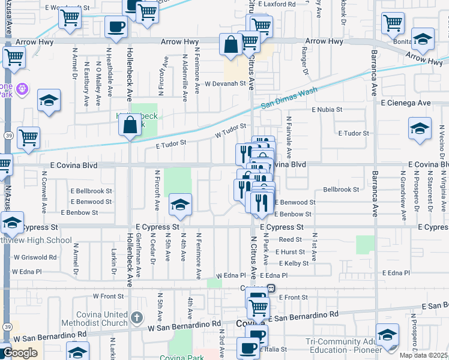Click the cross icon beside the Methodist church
click(137, 316)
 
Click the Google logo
click(20, 353)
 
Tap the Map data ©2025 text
click(424, 355)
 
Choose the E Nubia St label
click(327, 110)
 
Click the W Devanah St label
click(226, 84)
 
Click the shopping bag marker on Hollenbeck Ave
click(130, 126)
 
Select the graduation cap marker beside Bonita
click(424, 40)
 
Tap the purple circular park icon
click(23, 89)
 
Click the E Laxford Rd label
click(277, 4)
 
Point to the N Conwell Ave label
click(44, 185)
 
